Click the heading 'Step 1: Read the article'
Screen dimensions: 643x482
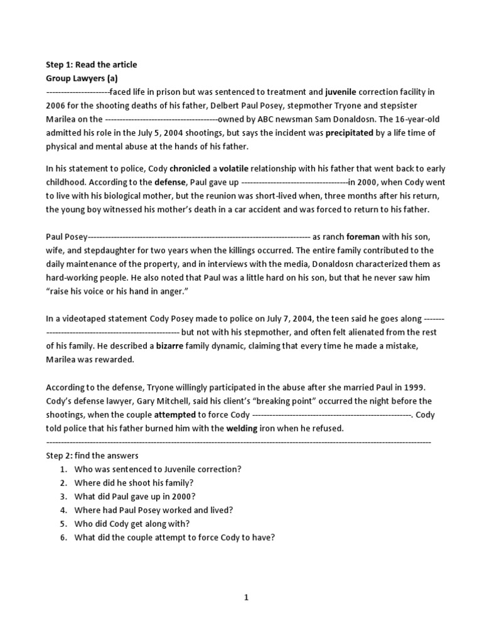coord(91,65)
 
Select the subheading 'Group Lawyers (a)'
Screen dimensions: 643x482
coord(82,78)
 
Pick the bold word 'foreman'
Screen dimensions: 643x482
coord(363,237)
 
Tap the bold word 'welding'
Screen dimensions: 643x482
coord(245,429)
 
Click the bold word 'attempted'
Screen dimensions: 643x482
coord(175,415)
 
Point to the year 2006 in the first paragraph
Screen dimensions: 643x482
coord(56,105)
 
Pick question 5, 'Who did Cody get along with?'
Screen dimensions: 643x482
coord(132,524)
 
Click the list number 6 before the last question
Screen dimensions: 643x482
coord(63,538)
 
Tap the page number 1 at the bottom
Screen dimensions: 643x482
coord(247,598)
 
